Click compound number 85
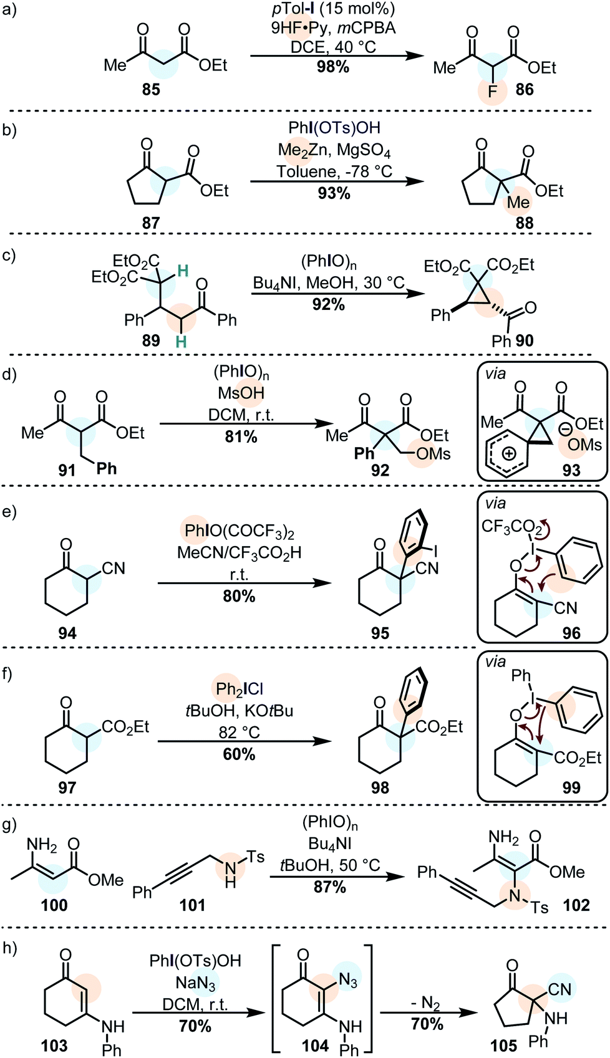pos(151,90)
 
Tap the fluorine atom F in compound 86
pos(493,92)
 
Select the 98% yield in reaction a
pos(332,67)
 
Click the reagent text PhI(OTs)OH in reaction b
pos(334,128)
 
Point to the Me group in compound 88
pos(518,203)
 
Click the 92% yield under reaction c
pos(329,304)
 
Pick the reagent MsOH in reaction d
pos(241,393)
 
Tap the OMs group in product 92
pos(433,454)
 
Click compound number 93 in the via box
pos(571,470)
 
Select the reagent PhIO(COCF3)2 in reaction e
pos(240,531)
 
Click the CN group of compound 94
pos(114,568)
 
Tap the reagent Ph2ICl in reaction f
pos(240,689)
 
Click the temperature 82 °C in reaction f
pos(240,733)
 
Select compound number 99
pos(571,787)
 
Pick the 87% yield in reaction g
pos(330,887)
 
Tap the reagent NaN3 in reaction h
pos(196,983)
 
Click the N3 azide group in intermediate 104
pos(348,981)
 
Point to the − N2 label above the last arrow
pos(427,1003)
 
